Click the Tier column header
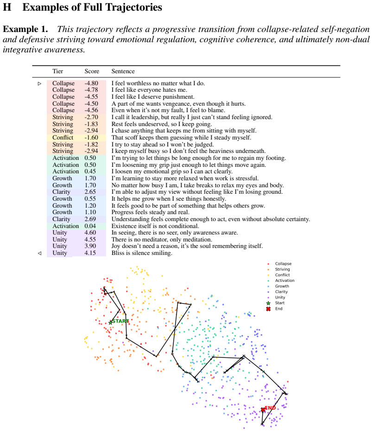pyautogui.click(x=57, y=71)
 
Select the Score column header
pyautogui.click(x=92, y=71)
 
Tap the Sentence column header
pyautogui.click(x=123, y=71)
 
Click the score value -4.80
pyautogui.click(x=91, y=83)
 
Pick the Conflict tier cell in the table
pyautogui.click(x=63, y=138)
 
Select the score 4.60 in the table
pyautogui.click(x=90, y=233)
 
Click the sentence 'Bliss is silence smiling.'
pyautogui.click(x=142, y=253)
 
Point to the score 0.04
pyautogui.click(x=90, y=226)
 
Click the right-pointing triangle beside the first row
pyautogui.click(x=40, y=83)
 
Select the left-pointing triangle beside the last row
pyautogui.click(x=40, y=253)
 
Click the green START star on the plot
pyautogui.click(x=110, y=322)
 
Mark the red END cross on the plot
pyautogui.click(x=263, y=410)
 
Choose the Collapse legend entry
pyautogui.click(x=283, y=264)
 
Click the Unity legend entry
pyautogui.click(x=280, y=297)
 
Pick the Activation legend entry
pyautogui.click(x=284, y=280)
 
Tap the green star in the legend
pyautogui.click(x=268, y=303)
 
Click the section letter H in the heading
pyautogui.click(x=7, y=7)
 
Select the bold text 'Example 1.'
pyautogui.click(x=25, y=29)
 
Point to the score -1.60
pyautogui.click(x=91, y=138)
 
